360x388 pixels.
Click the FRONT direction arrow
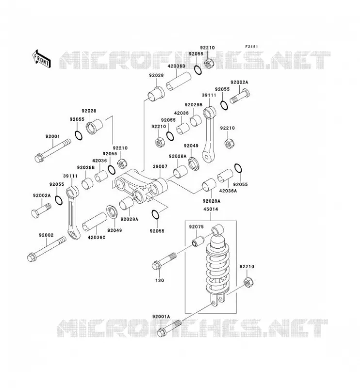click(x=41, y=59)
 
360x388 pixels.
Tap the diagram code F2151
click(x=251, y=47)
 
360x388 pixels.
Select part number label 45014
click(x=211, y=210)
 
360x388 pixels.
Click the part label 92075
click(x=196, y=227)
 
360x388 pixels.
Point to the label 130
click(x=160, y=280)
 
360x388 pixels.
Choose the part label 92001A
click(x=161, y=317)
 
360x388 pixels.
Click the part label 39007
click(x=160, y=166)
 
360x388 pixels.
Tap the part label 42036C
click(x=97, y=237)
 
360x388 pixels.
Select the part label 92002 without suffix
click(x=46, y=235)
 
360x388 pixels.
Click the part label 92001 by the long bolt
click(x=52, y=136)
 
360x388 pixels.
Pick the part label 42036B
click(x=176, y=66)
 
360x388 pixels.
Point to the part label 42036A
click(x=228, y=191)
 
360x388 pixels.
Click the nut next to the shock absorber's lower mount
click(x=248, y=282)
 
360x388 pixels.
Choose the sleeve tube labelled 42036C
click(x=95, y=223)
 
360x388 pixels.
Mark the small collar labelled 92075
click(x=198, y=241)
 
